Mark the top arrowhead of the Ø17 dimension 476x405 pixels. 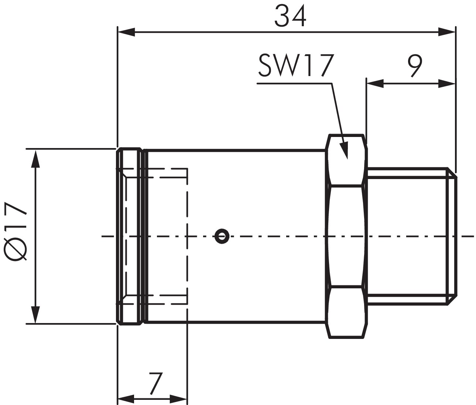coord(35,157)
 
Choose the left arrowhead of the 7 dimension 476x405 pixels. coord(126,399)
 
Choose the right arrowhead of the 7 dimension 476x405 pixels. coord(179,399)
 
